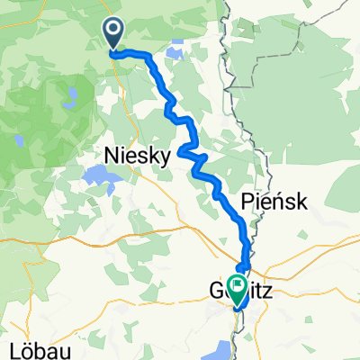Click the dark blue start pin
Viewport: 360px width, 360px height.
(114, 34)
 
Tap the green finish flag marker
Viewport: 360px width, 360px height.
(238, 289)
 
